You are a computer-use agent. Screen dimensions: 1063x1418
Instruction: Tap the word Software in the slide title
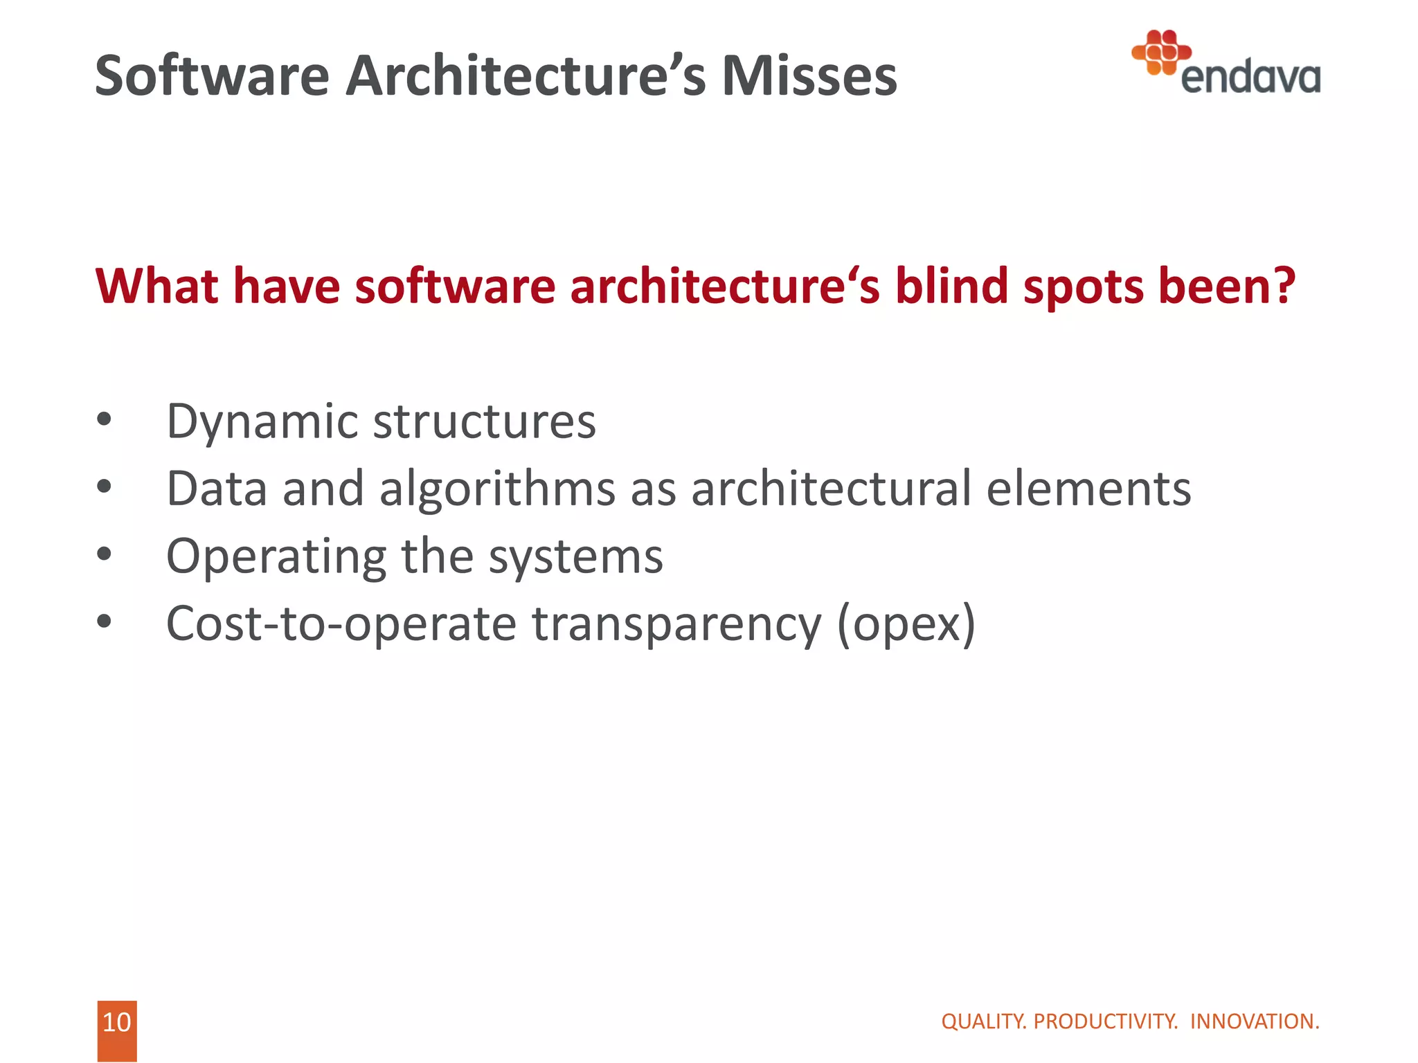pyautogui.click(x=212, y=76)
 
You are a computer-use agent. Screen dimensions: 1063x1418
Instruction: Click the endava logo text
pyautogui.click(x=1250, y=78)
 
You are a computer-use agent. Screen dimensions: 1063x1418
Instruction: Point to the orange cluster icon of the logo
pyautogui.click(x=1161, y=51)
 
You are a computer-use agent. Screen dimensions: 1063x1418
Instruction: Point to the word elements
pyautogui.click(x=1088, y=489)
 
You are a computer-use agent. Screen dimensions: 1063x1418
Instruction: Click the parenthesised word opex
pyautogui.click(x=906, y=624)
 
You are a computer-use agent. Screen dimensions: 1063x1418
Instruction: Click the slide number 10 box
pyautogui.click(x=117, y=1024)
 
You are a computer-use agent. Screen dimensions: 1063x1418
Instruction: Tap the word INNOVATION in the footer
pyautogui.click(x=1254, y=1021)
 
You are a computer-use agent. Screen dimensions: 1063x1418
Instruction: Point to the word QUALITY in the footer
pyautogui.click(x=984, y=1021)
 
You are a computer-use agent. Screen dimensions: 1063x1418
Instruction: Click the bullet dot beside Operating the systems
pyautogui.click(x=104, y=554)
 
